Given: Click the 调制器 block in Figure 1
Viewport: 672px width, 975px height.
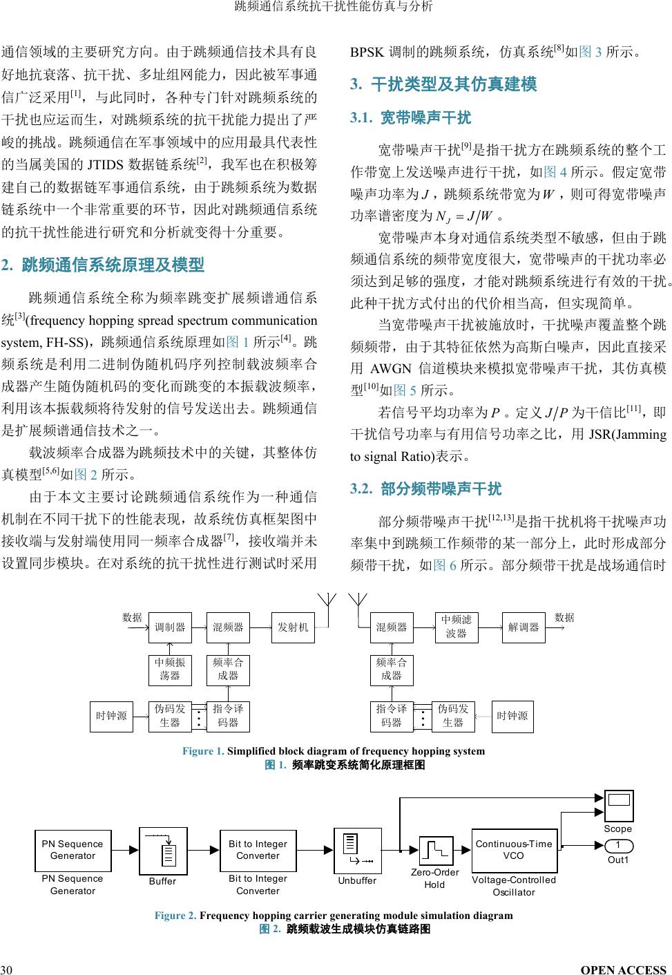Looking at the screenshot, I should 170,627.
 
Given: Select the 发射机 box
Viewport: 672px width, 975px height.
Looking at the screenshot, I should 293,627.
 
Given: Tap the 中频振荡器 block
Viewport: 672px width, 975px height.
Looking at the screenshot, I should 170,669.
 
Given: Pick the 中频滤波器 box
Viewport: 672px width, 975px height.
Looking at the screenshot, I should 456,627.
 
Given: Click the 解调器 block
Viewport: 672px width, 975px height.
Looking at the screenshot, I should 524,627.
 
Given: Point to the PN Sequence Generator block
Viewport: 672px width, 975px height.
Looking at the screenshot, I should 73,850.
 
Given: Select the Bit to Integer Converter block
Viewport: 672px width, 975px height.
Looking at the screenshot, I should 258,850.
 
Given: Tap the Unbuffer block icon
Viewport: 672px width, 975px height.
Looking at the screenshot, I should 357,851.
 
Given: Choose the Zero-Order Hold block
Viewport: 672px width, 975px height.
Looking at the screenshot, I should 436,851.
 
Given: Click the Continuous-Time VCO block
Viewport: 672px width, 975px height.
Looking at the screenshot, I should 514,850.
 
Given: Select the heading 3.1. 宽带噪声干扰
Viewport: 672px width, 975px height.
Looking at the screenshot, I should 411,117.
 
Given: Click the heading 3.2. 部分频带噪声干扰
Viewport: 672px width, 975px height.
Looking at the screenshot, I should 426,489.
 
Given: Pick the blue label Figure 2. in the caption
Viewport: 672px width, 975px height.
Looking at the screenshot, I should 175,916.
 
